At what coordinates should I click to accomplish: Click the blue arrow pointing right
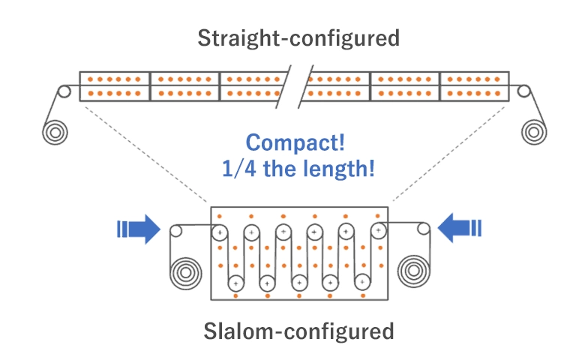139,229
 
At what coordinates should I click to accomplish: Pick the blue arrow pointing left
459,229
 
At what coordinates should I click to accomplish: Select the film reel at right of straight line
534,131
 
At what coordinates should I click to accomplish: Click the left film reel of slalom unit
184,272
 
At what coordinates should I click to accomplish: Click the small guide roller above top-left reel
64,91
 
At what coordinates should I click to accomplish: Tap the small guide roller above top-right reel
525,91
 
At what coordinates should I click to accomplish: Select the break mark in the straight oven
298,86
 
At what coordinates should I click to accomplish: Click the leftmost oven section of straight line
115,86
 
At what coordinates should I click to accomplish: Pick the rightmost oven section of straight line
474,86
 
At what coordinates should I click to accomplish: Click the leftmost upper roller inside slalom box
220,233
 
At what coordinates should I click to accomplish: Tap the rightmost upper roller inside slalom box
379,230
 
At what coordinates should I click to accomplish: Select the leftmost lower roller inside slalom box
235,283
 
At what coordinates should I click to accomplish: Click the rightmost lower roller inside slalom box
362,283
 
